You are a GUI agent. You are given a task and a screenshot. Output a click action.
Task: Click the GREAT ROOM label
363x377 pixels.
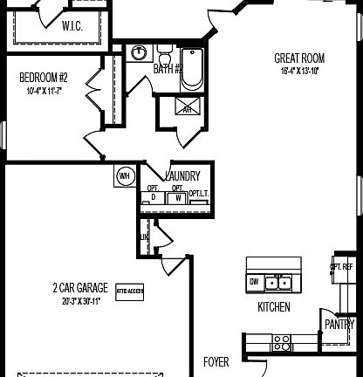[299, 58]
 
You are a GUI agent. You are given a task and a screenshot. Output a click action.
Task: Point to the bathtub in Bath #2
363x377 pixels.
[192, 72]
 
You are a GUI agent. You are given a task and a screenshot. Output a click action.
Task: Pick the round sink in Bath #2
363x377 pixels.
[138, 53]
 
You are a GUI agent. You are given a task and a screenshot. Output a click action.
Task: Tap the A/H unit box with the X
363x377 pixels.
[187, 109]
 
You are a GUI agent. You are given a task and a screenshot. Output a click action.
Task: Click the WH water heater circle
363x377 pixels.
[123, 175]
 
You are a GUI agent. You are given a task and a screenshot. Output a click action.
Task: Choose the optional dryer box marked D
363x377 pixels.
[153, 197]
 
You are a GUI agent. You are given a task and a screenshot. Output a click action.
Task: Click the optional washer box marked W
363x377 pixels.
[177, 197]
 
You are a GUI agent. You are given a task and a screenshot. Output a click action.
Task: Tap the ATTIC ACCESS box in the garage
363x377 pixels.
[129, 291]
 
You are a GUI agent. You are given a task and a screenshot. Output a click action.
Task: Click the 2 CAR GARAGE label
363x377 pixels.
[79, 287]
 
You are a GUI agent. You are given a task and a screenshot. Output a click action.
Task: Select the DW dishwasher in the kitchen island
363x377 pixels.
[254, 282]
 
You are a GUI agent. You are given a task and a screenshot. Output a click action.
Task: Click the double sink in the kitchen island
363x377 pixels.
[277, 282]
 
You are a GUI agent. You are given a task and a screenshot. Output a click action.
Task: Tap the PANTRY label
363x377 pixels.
[339, 323]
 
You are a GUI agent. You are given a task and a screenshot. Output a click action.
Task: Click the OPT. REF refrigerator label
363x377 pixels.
[341, 267]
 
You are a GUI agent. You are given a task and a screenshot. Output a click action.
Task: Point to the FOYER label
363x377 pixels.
[216, 360]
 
